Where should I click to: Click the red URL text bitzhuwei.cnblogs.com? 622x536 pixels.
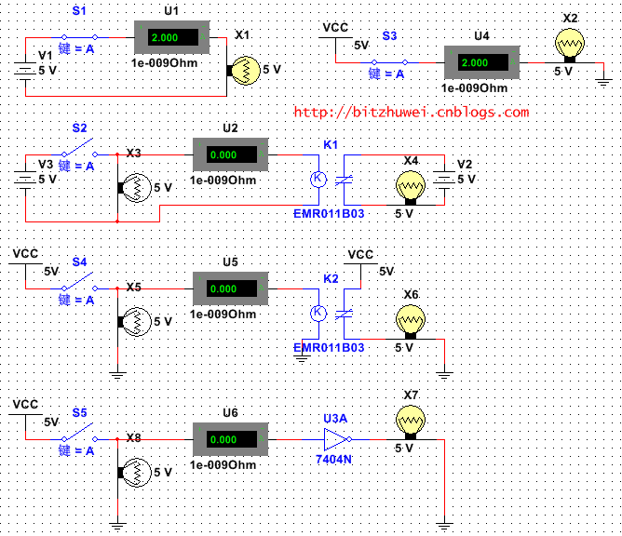[x=411, y=113]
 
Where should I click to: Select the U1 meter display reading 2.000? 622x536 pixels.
[x=173, y=38]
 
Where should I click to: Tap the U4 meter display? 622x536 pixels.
[x=480, y=62]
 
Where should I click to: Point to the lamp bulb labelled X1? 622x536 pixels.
[x=245, y=70]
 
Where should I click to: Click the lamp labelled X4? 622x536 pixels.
[x=409, y=187]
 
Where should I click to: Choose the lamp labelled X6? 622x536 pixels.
[x=409, y=322]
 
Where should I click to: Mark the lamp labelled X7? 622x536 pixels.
[x=409, y=423]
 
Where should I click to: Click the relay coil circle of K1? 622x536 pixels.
[x=317, y=178]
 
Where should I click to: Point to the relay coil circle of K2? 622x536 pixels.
[x=317, y=313]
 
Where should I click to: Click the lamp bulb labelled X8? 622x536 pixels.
[x=135, y=473]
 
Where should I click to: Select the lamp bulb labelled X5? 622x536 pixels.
[x=135, y=322]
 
